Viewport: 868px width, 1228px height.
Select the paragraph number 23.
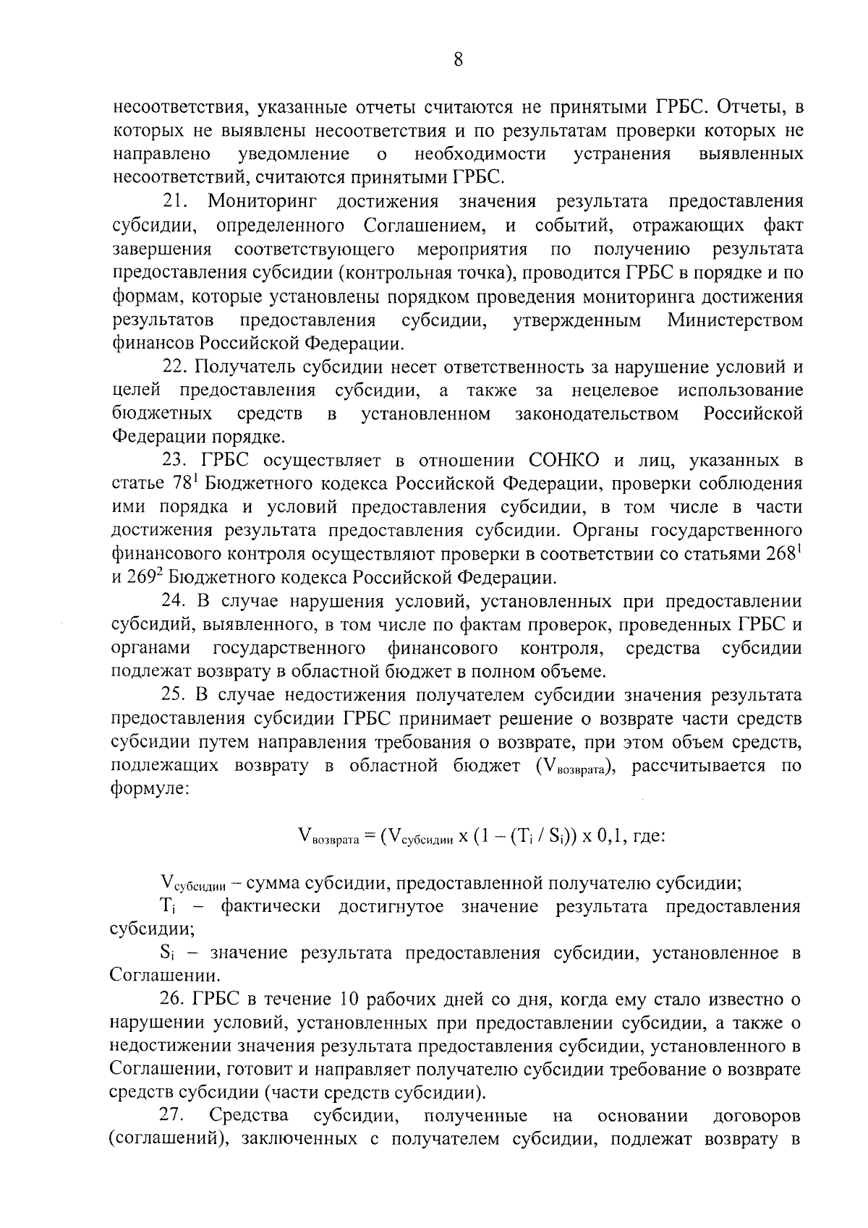(x=176, y=461)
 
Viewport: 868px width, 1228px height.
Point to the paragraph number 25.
(x=176, y=695)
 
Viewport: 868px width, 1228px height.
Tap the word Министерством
(x=735, y=320)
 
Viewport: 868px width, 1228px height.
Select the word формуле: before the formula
(x=150, y=789)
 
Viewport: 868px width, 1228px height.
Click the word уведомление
(x=294, y=154)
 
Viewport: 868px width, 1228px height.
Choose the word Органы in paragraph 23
(x=604, y=530)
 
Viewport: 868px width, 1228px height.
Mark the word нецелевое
(x=615, y=391)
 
